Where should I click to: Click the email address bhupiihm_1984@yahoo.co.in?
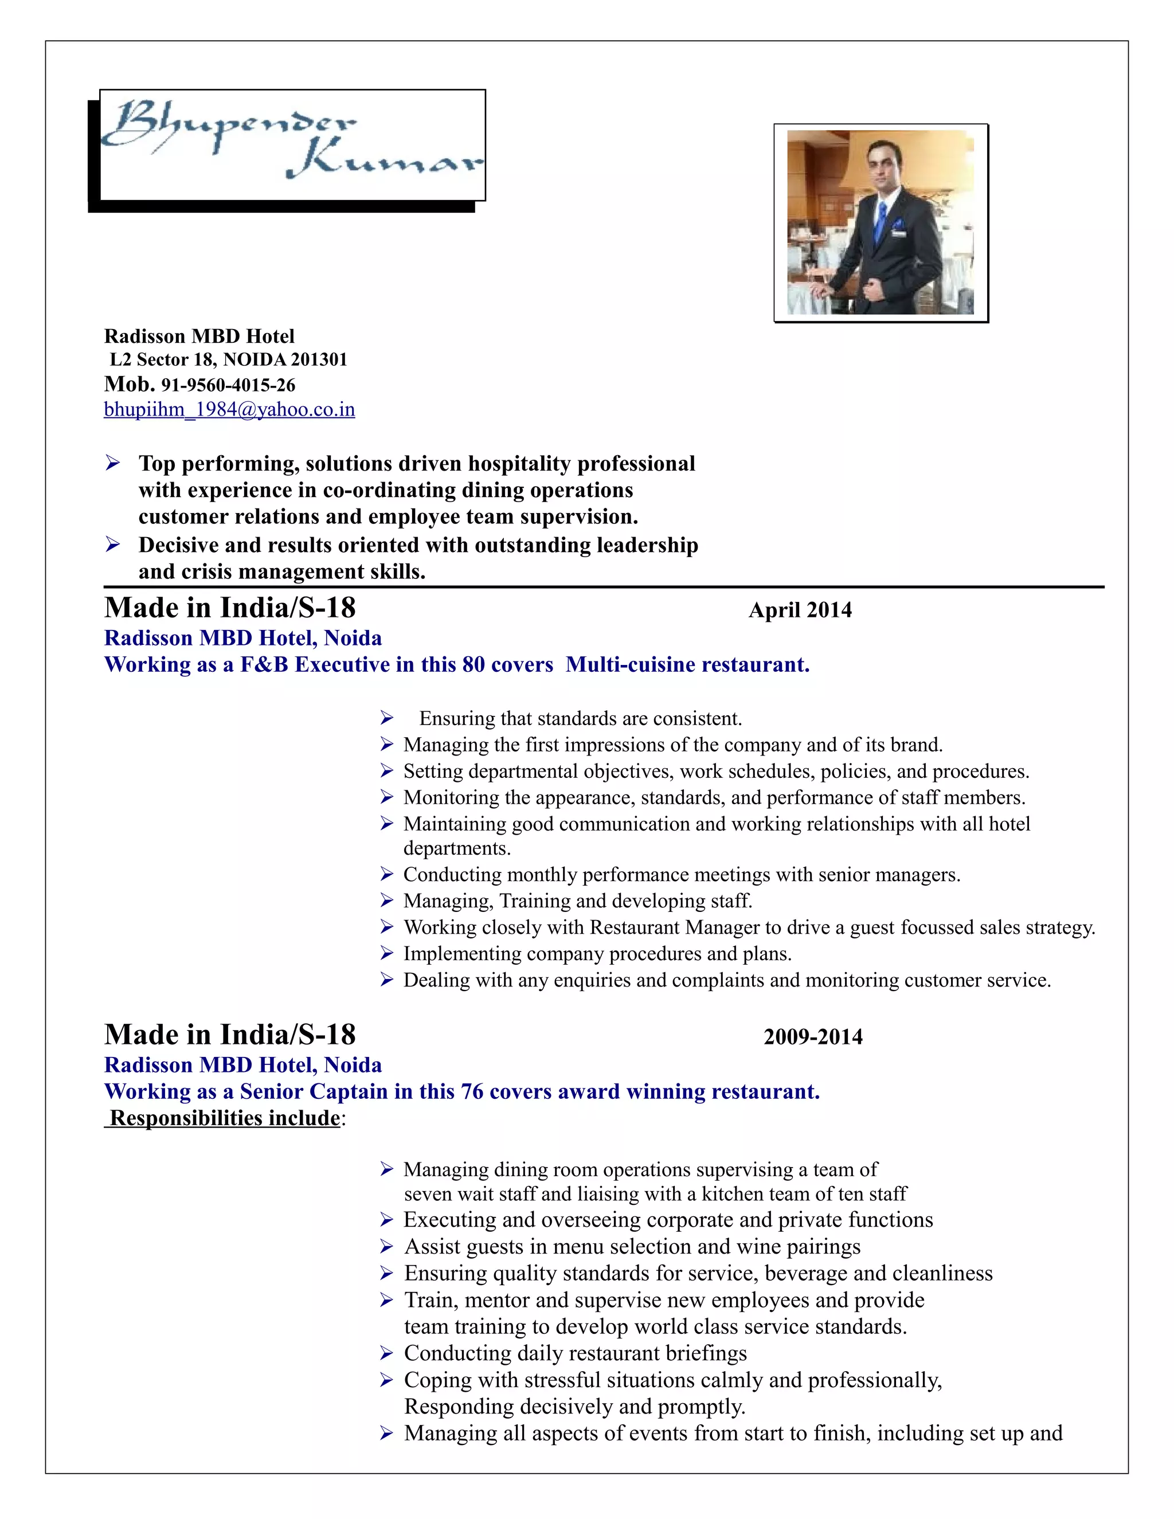point(229,410)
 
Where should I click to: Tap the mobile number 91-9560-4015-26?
point(228,385)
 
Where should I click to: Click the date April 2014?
point(800,610)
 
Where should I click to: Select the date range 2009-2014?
point(813,1037)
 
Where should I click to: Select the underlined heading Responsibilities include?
point(225,1118)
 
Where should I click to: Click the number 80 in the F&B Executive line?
point(473,665)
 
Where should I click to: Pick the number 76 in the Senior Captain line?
point(472,1092)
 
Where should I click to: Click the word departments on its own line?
point(456,848)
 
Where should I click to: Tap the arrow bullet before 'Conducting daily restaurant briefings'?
point(388,1353)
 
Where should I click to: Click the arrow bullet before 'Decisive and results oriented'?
point(113,545)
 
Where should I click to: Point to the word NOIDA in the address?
point(255,359)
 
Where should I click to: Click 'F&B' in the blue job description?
point(264,665)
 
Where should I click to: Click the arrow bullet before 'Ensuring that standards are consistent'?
point(388,718)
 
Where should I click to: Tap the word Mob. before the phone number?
point(130,384)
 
